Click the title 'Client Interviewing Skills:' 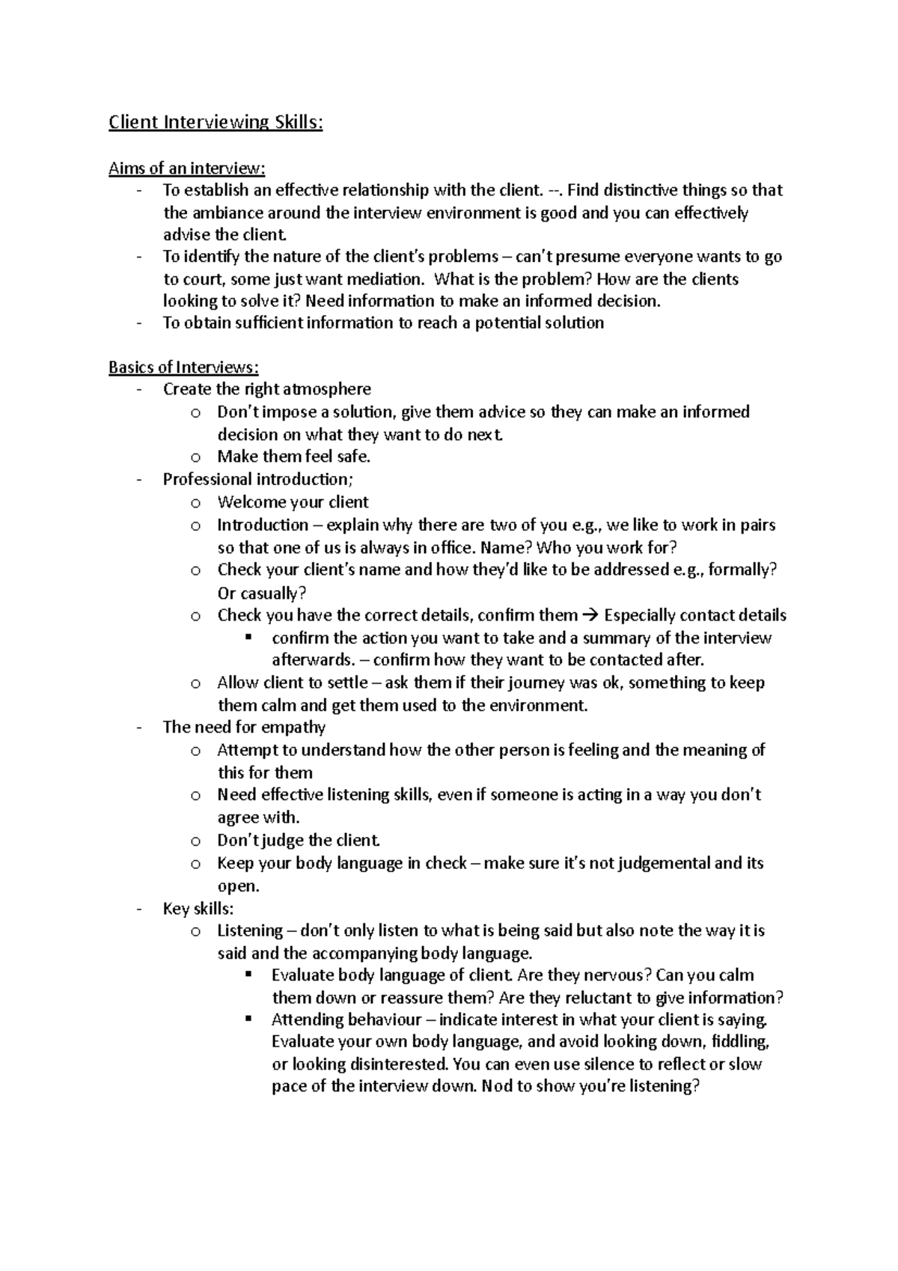tap(216, 122)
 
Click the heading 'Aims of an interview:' tap(186, 168)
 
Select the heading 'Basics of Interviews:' tap(183, 367)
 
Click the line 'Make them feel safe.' tap(293, 457)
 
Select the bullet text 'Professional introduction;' tap(256, 479)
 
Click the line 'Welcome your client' tap(293, 502)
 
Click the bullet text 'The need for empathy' tap(244, 727)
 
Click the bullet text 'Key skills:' tap(198, 909)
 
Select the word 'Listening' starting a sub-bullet tap(250, 930)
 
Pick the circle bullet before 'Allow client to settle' tap(195, 683)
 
